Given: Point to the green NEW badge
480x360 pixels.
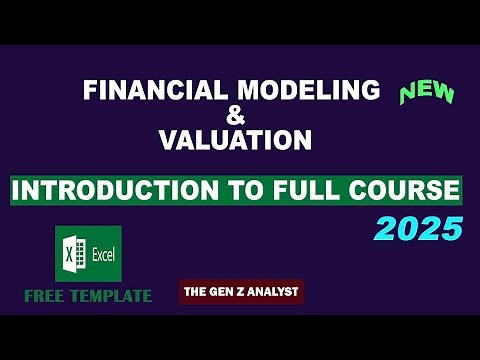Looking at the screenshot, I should pos(427,93).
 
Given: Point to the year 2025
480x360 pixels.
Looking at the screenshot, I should pos(419,229).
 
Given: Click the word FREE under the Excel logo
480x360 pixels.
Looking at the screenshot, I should pos(50,295).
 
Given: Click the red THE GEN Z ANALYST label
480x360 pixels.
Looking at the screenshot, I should pos(241,292).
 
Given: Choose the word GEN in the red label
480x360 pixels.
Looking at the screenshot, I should pos(220,292).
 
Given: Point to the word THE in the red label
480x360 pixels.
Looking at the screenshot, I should pos(195,292).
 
